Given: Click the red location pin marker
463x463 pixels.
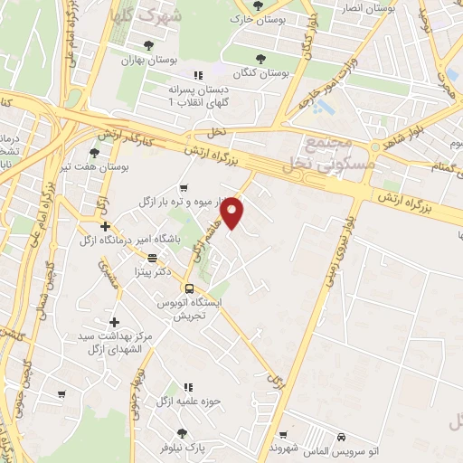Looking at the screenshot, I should click(x=233, y=212).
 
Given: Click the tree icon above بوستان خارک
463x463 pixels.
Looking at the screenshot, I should click(x=260, y=5).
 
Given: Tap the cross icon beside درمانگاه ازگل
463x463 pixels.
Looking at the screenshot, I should click(x=106, y=226).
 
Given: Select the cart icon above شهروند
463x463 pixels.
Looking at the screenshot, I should click(x=284, y=434).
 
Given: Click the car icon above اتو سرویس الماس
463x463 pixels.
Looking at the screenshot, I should click(x=340, y=434).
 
